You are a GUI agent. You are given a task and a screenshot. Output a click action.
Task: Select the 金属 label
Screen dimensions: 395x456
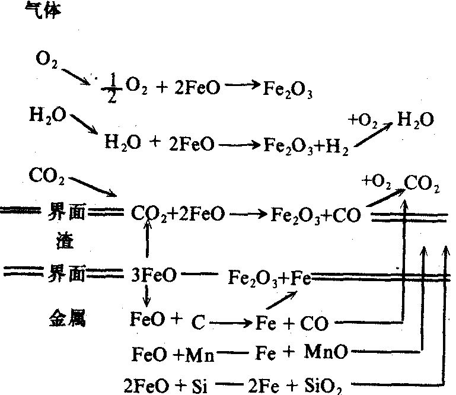coord(66,318)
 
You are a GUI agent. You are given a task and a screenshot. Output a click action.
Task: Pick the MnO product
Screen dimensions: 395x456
coord(326,353)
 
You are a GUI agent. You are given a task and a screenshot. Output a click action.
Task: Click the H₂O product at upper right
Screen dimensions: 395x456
coord(416,120)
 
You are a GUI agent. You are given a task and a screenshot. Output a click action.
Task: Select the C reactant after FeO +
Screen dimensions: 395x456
coord(197,323)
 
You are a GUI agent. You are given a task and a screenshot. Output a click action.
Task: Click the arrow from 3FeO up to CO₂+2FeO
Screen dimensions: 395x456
coord(146,244)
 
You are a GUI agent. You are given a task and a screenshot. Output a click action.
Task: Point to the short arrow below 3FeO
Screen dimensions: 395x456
coord(146,295)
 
